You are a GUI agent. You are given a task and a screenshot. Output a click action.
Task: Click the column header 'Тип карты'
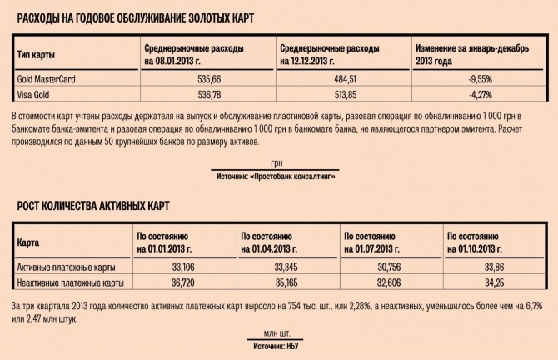pos(37,54)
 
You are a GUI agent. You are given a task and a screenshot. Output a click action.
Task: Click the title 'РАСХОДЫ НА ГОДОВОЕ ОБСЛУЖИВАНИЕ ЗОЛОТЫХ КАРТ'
pos(136,17)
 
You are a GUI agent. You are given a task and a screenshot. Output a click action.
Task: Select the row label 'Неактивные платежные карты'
pos(71,282)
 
